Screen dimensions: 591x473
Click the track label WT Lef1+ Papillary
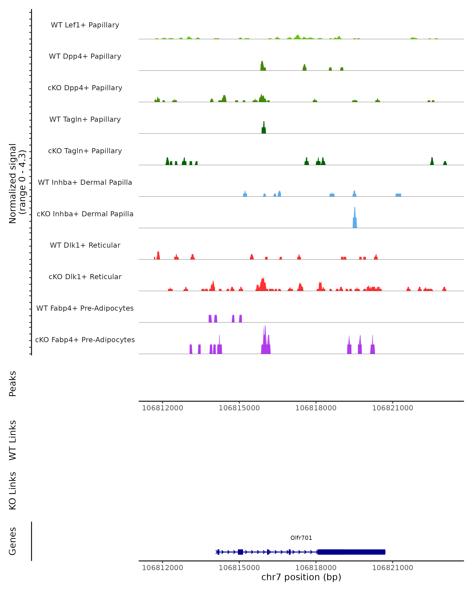pos(85,25)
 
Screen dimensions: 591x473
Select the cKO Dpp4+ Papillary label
pos(85,88)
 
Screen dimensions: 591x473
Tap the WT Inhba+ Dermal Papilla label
pos(85,183)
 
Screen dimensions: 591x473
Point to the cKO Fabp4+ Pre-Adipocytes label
pos(85,340)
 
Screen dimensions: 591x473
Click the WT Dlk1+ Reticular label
pos(85,245)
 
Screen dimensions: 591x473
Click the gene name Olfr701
pos(301,538)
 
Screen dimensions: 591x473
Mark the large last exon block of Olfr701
pos(351,552)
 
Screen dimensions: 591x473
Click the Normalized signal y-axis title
pos(17,183)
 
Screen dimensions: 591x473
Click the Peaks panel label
pos(13,384)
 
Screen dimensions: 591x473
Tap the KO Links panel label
pos(13,491)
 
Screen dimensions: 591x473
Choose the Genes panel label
pos(13,541)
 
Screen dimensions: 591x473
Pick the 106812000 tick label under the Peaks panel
pos(162,408)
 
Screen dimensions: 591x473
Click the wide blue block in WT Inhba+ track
pos(398,195)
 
